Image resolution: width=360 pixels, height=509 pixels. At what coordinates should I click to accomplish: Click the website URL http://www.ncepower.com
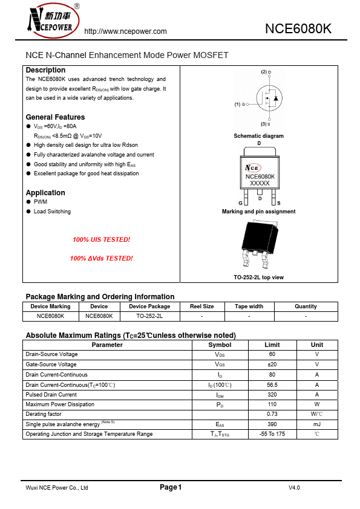coord(125,31)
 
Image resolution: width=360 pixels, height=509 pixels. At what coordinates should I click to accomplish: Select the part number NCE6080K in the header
coord(298,29)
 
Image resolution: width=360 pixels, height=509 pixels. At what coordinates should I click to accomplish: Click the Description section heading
coord(45,70)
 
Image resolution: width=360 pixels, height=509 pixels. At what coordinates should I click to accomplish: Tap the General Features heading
coord(55,117)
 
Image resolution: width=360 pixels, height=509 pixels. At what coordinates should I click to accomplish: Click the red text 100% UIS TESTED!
coord(101,239)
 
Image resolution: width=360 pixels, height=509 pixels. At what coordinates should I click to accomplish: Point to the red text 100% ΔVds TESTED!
coord(101,258)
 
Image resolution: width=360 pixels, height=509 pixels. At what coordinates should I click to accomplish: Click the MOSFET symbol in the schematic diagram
coord(268,97)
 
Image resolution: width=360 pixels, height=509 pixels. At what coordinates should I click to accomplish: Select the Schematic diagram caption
coord(258,136)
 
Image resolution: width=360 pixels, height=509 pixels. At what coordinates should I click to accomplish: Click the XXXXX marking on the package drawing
coord(260,183)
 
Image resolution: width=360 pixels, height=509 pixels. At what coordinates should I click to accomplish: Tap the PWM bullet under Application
coord(41,202)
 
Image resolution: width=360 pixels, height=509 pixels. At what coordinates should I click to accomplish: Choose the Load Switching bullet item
coord(52,212)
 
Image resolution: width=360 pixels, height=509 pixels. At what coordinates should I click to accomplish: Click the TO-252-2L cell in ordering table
coord(149,316)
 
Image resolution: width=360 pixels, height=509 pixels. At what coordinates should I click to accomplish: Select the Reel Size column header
coord(201,306)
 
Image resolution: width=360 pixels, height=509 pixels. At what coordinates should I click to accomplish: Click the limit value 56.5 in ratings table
coord(272,384)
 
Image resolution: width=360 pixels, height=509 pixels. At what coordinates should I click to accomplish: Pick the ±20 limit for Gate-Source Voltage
coord(272,365)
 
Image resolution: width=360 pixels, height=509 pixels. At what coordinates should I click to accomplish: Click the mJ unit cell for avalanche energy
coord(317,424)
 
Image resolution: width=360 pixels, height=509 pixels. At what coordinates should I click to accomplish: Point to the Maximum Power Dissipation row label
coord(60,404)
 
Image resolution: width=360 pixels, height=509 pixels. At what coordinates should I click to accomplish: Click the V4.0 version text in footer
coord(294,487)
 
